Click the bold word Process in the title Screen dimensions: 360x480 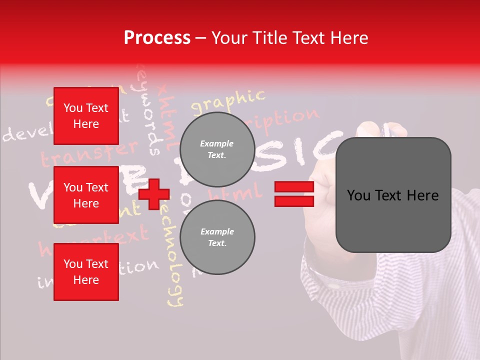(x=157, y=38)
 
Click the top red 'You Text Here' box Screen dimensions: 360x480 (x=86, y=116)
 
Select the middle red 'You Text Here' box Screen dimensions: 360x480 (x=86, y=195)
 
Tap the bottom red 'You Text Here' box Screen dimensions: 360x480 (x=86, y=272)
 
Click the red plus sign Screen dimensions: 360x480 (x=153, y=194)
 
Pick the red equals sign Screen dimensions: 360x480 (x=294, y=194)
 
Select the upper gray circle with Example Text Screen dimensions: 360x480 (x=217, y=149)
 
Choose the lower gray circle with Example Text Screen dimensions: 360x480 (x=217, y=237)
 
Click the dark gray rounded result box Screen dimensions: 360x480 (x=393, y=195)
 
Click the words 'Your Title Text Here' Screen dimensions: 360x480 (x=290, y=38)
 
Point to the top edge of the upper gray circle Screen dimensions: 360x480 (x=217, y=113)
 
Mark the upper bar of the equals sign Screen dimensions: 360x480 (x=294, y=187)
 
